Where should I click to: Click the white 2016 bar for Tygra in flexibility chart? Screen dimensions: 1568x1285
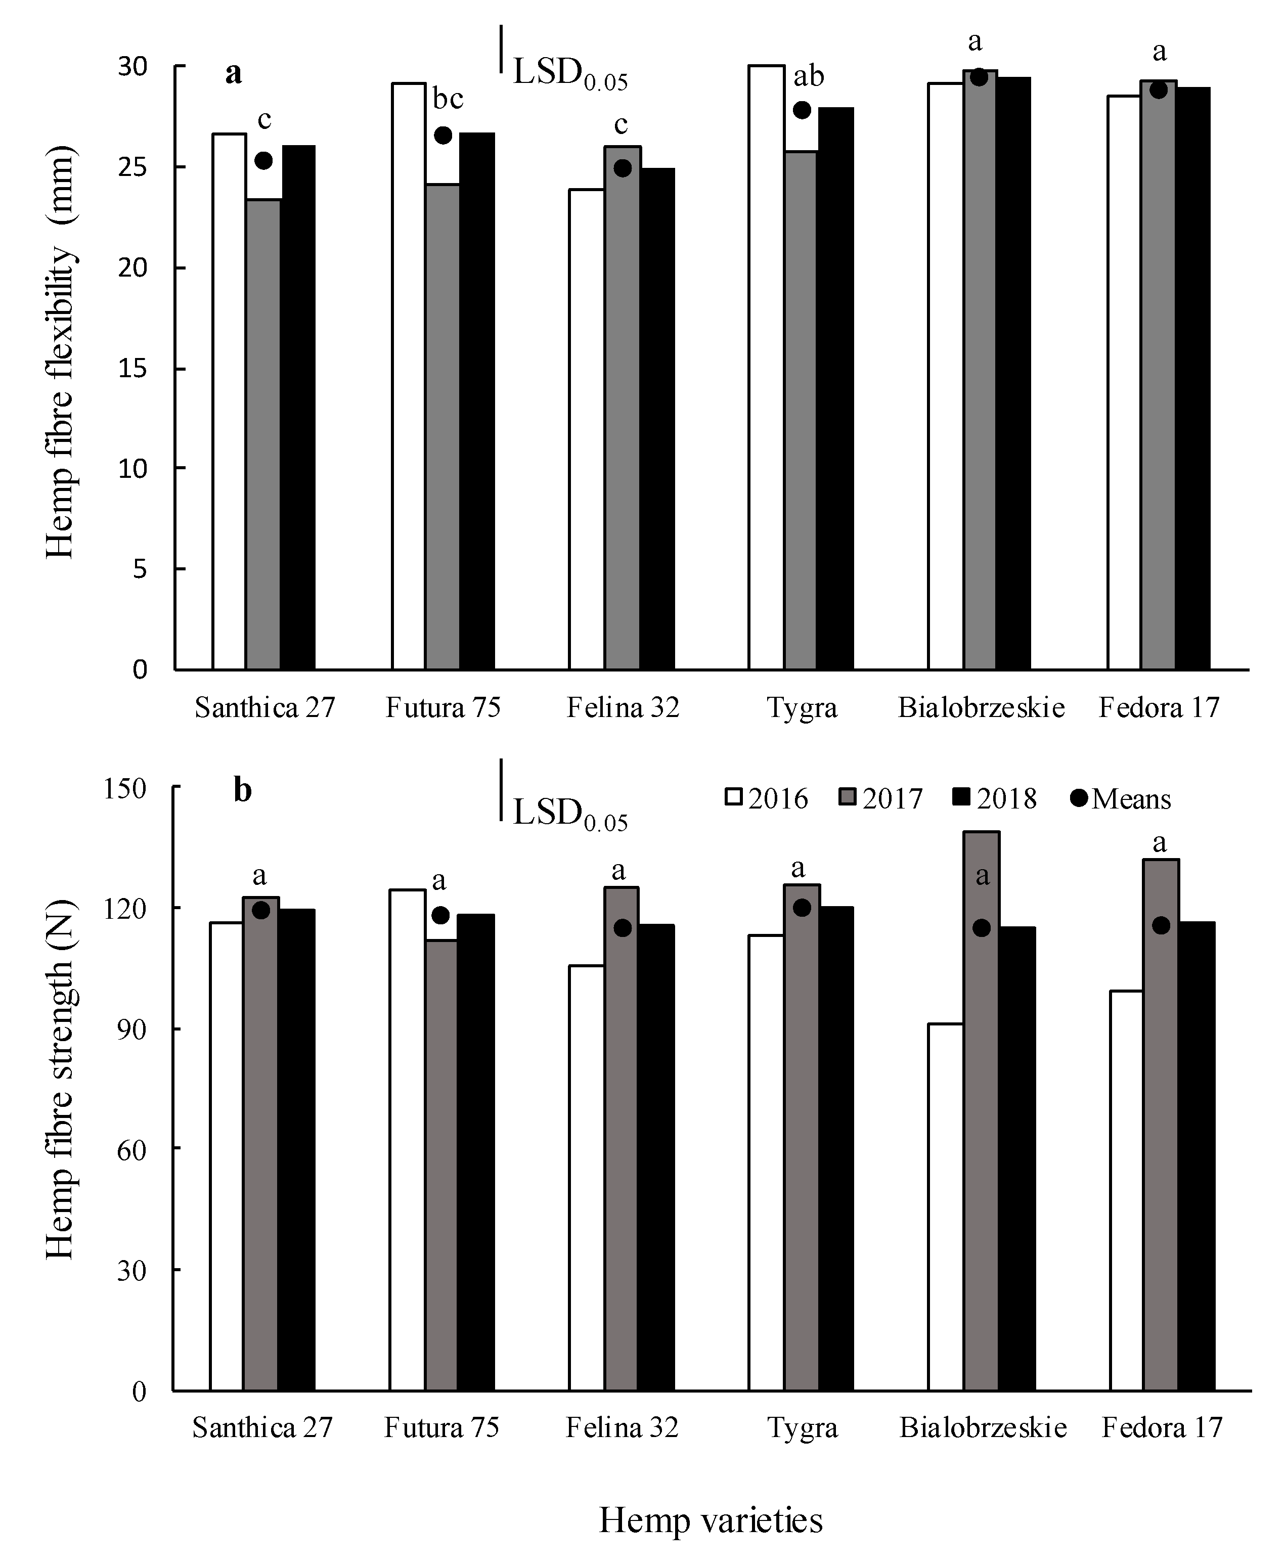coord(766,370)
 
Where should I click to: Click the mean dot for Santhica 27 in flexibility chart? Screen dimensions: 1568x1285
coord(263,161)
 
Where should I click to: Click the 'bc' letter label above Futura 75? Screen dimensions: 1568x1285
coord(448,99)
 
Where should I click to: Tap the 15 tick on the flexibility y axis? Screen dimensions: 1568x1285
coord(132,369)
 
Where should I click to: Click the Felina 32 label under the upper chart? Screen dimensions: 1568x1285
coord(623,708)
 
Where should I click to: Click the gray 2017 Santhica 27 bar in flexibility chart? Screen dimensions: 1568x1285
coord(263,436)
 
